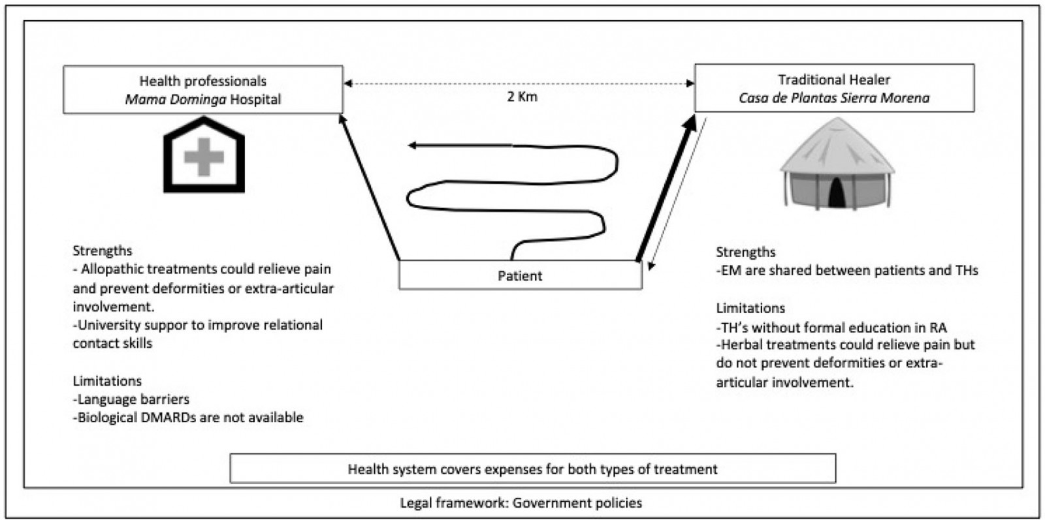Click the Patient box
click(x=520, y=275)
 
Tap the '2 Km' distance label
click(x=522, y=97)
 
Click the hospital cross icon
click(x=204, y=157)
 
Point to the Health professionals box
click(x=202, y=89)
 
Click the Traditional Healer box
click(x=834, y=88)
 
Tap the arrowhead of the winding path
click(x=413, y=145)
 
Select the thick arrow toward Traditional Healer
click(x=665, y=189)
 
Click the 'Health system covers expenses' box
click(x=532, y=468)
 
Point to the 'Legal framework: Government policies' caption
click(x=521, y=503)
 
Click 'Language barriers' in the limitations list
click(x=133, y=399)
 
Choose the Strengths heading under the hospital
click(x=103, y=251)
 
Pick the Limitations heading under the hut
click(x=750, y=308)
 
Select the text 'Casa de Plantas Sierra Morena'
click(x=834, y=98)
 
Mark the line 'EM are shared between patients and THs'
click(x=847, y=270)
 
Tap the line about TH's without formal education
click(x=831, y=327)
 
